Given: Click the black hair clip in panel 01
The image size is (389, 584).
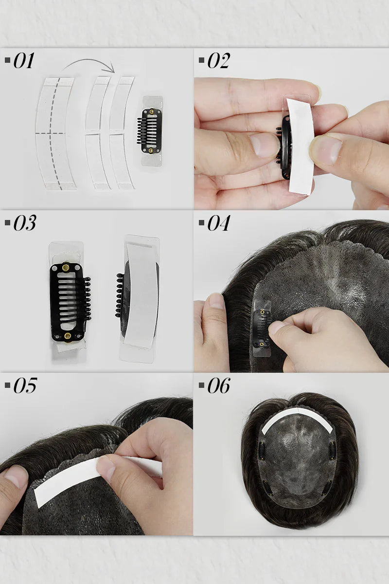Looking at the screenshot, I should [x=151, y=131].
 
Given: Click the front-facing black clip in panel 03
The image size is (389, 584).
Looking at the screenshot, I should [x=69, y=302].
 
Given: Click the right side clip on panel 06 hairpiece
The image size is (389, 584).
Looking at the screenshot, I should [x=333, y=451].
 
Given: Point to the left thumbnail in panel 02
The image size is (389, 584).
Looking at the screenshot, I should [x=265, y=145].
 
